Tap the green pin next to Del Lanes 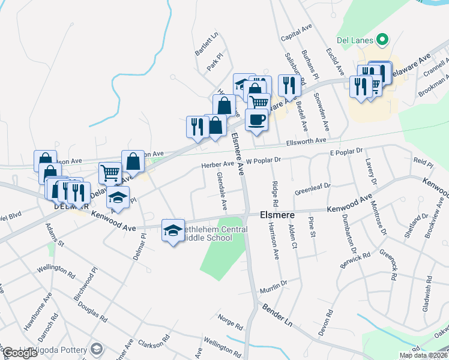(x=381, y=41)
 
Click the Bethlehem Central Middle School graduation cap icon (x=172, y=232)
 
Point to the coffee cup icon (x=256, y=119)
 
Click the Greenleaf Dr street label (x=313, y=190)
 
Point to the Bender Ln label (x=277, y=314)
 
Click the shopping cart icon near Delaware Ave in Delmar (x=110, y=173)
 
